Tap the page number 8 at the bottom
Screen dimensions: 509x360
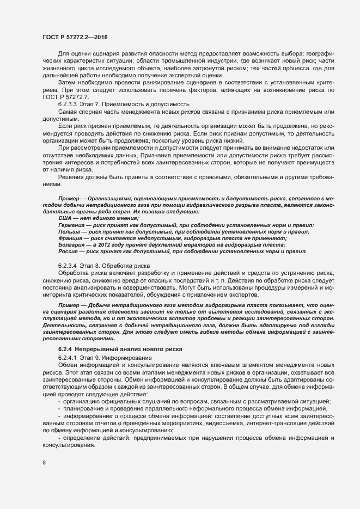tap(44, 464)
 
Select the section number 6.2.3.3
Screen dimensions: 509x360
tap(69, 103)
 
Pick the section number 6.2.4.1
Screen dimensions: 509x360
tap(69, 357)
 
